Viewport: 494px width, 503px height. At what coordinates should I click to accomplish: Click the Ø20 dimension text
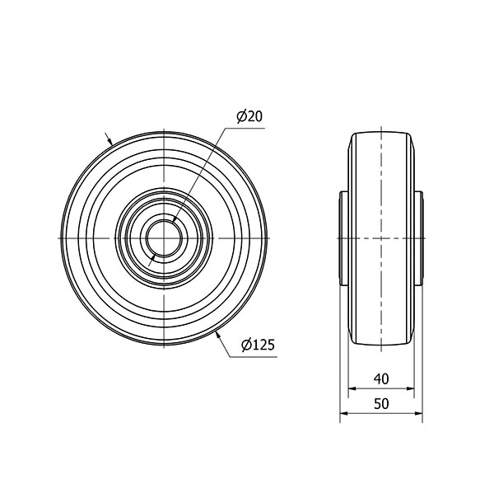tap(249, 117)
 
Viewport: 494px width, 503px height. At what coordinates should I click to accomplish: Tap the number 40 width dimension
tap(381, 378)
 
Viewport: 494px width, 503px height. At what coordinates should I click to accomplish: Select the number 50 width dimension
tap(381, 403)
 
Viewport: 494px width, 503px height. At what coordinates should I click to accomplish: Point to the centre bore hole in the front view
tap(165, 238)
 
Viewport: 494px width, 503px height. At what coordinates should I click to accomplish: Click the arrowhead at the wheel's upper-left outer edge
tap(112, 143)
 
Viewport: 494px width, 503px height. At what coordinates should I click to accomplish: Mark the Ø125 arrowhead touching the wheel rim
tap(217, 332)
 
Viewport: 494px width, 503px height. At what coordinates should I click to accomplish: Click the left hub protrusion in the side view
tap(344, 238)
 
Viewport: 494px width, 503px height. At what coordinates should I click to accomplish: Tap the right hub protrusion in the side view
tap(418, 238)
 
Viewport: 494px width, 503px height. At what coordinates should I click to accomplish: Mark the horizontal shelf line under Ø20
tap(248, 127)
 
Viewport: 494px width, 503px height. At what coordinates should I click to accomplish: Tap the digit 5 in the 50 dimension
tap(377, 403)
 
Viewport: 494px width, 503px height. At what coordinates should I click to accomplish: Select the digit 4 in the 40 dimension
tap(377, 378)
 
